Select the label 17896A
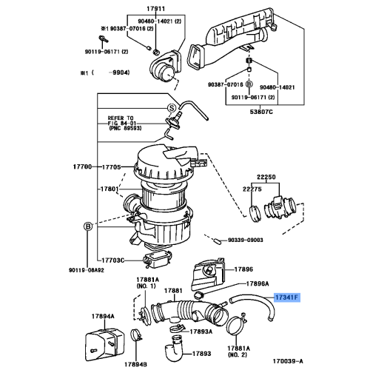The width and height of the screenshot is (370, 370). (x=257, y=283)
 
